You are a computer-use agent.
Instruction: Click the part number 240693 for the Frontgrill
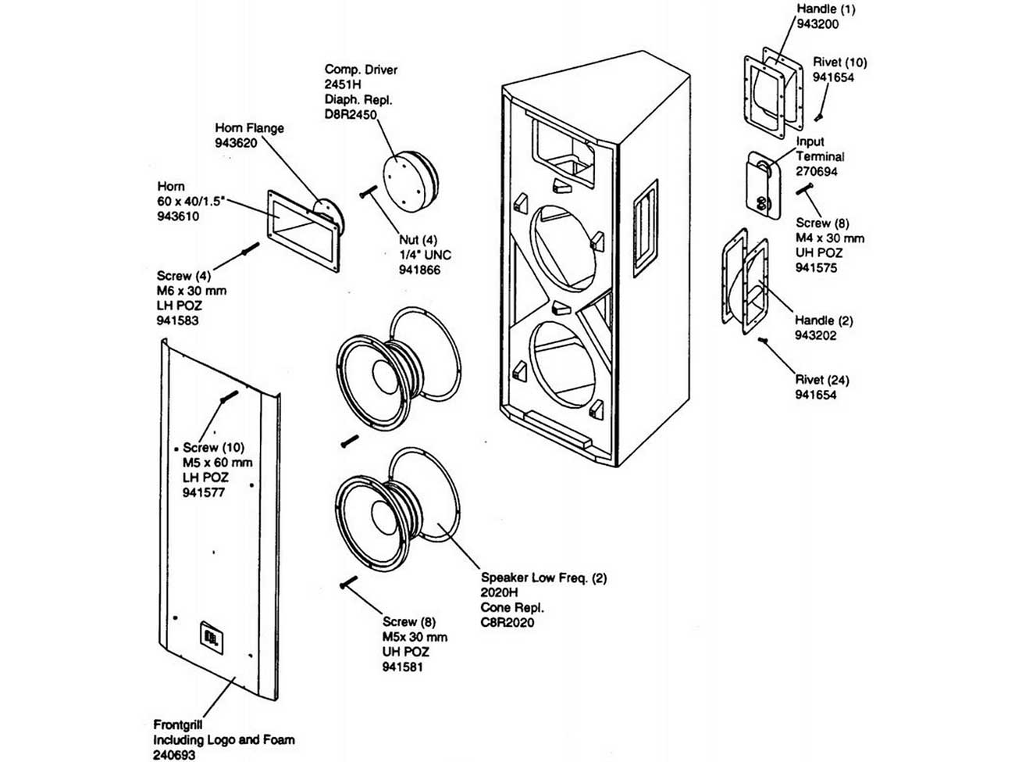[174, 755]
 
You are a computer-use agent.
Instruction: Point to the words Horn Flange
[249, 128]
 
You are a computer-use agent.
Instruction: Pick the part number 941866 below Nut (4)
[419, 270]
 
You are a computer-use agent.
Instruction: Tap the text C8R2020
[507, 623]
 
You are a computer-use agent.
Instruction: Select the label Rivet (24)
[822, 380]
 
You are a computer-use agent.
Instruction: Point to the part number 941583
[177, 320]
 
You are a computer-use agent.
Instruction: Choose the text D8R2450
[351, 114]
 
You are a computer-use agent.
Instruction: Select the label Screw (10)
[213, 448]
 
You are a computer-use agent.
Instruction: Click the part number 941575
[817, 267]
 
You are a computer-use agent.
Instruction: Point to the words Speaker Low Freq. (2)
[543, 578]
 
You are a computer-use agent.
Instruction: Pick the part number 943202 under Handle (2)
[816, 335]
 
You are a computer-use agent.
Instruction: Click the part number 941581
[403, 667]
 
